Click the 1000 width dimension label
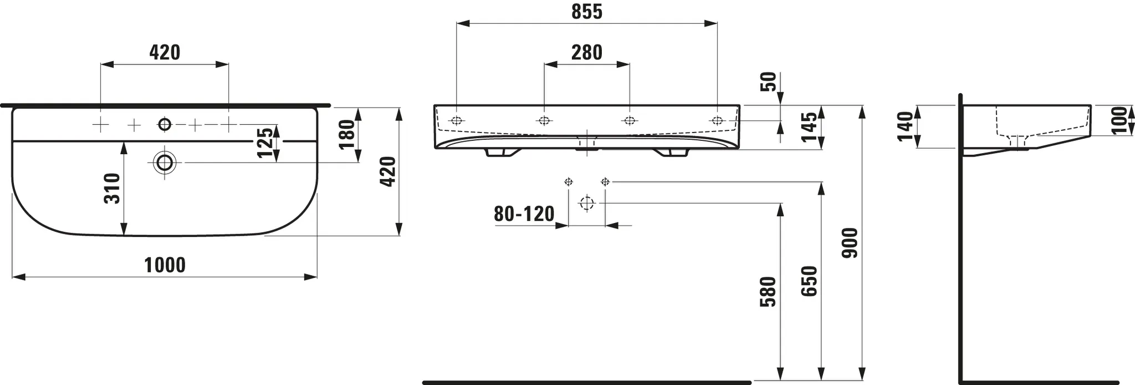click(x=165, y=265)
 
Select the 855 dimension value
click(x=586, y=12)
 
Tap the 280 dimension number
click(x=586, y=53)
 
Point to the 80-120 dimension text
click(x=524, y=214)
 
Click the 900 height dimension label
click(x=850, y=242)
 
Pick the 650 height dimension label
click(x=809, y=281)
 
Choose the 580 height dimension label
click(x=768, y=292)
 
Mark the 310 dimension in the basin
click(x=113, y=189)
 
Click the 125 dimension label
click(x=265, y=143)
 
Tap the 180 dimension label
click(x=346, y=134)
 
